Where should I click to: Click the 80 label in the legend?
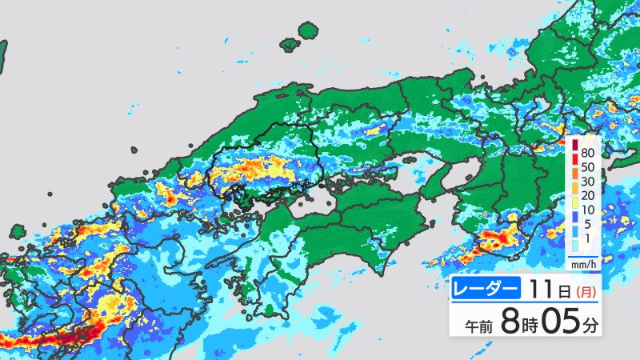[588, 152]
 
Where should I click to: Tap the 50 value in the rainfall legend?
[588, 167]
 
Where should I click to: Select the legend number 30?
[588, 182]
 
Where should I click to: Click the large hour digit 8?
[508, 322]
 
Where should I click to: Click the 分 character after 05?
[590, 326]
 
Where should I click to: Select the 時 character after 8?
[529, 326]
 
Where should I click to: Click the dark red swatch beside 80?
[575, 145]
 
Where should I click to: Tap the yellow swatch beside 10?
[575, 204]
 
